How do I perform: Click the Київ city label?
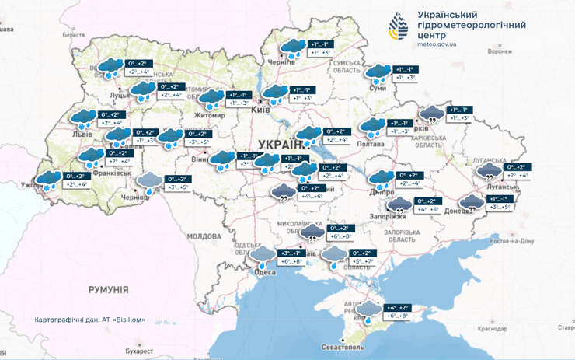[x=261, y=111]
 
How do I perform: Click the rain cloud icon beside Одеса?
[x=261, y=256]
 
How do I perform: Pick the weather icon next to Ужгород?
[x=48, y=180]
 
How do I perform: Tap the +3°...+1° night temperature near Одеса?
[x=290, y=253]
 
